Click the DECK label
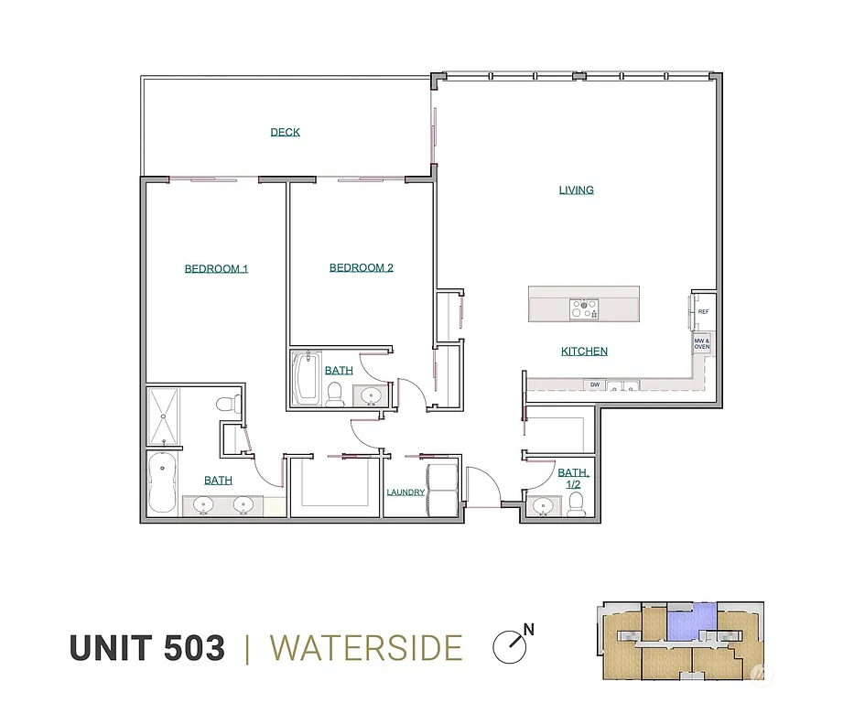285,133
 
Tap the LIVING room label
577,190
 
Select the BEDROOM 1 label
216,269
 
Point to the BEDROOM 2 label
362,268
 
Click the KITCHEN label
584,351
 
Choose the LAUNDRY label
405,492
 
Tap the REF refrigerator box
703,312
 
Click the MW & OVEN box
702,344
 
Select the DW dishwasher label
595,385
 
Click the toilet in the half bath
576,504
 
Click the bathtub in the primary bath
163,483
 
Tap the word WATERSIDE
366,648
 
